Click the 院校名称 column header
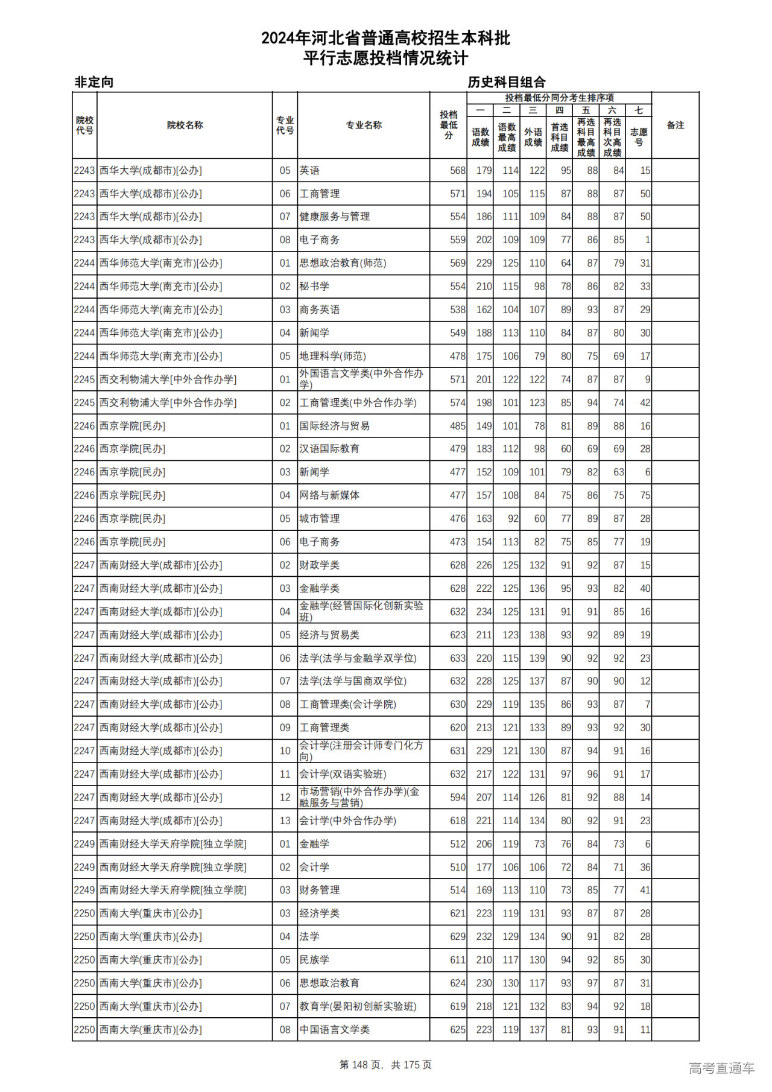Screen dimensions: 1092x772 click(x=185, y=125)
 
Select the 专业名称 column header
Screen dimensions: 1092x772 click(x=364, y=125)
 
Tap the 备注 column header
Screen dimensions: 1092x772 click(x=675, y=125)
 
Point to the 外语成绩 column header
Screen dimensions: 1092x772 click(x=533, y=137)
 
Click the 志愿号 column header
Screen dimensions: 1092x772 click(x=639, y=137)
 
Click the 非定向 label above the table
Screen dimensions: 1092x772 click(x=93, y=82)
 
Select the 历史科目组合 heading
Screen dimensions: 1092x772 click(x=507, y=82)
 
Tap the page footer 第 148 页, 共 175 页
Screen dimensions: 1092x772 click(x=385, y=1065)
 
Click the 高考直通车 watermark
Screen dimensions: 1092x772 click(x=721, y=1068)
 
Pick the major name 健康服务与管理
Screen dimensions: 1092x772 click(x=335, y=217)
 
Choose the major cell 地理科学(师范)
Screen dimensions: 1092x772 click(x=333, y=356)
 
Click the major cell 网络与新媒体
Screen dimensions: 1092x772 click(x=329, y=495)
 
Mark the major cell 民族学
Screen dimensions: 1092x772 click(x=314, y=960)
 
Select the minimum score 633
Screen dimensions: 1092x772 click(x=457, y=658)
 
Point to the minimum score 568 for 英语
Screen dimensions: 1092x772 click(x=457, y=171)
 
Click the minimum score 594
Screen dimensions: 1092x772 click(x=457, y=798)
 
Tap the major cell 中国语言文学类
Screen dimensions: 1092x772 click(x=335, y=1030)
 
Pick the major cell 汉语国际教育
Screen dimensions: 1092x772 click(x=329, y=449)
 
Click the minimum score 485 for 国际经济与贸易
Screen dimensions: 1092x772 click(x=457, y=426)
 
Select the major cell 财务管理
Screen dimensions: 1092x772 click(x=320, y=890)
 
